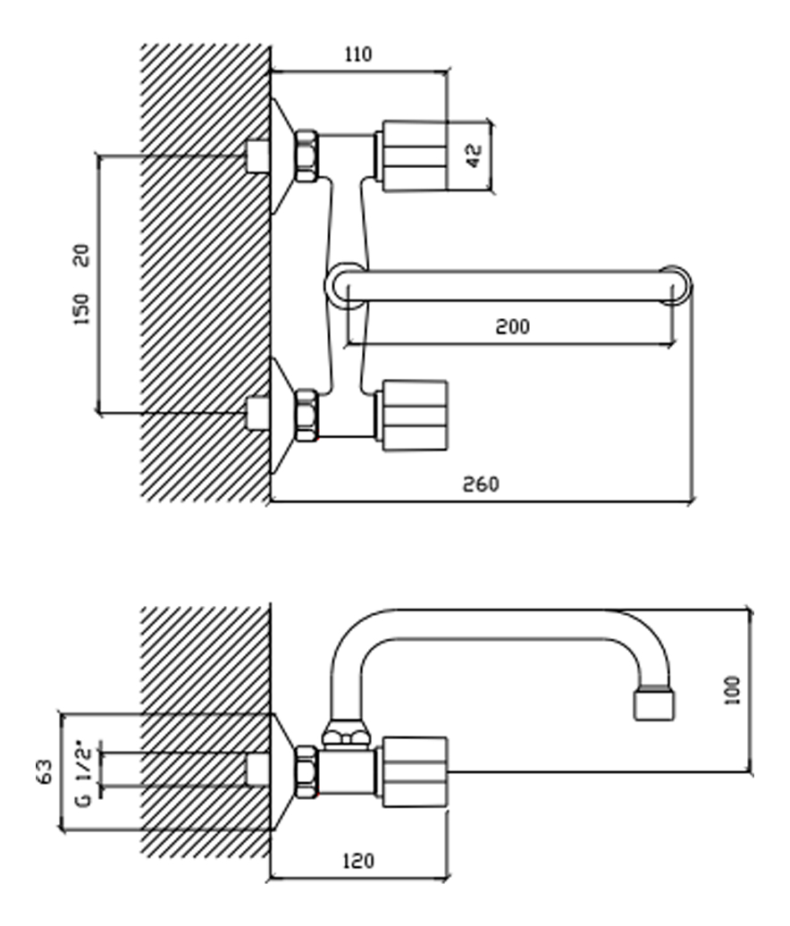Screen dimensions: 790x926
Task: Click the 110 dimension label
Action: (358, 55)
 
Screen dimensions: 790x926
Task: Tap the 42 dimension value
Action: (474, 156)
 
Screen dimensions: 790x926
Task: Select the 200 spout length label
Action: (512, 326)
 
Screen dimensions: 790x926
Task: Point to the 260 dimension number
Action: (481, 484)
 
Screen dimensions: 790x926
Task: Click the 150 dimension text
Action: (81, 309)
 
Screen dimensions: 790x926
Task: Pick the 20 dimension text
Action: (81, 255)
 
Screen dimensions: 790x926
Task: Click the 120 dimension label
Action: (358, 861)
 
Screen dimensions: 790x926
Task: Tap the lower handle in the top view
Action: (414, 416)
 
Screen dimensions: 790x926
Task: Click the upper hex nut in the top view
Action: (307, 156)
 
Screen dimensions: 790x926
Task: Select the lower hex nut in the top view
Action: (307, 416)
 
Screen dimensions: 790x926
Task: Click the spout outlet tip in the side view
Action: (654, 704)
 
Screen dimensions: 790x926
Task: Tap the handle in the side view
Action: (414, 772)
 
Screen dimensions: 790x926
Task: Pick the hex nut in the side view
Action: (307, 772)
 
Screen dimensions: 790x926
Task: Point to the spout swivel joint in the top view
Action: (346, 286)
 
